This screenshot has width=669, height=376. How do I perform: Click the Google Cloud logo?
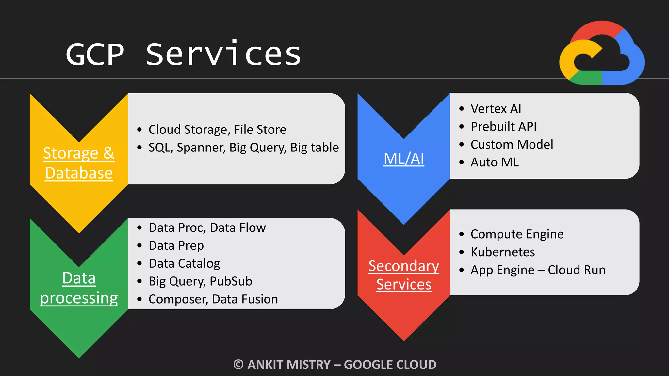[x=602, y=53]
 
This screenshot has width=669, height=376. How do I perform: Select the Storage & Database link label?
[x=79, y=163]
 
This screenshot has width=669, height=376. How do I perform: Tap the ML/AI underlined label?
[x=404, y=159]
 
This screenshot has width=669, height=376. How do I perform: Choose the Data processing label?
[x=79, y=288]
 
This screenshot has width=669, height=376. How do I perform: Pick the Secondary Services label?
[x=404, y=275]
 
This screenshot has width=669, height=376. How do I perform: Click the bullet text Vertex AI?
[x=496, y=109]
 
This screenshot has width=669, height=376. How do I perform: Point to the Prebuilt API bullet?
[x=503, y=127]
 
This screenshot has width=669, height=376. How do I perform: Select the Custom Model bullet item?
[x=512, y=145]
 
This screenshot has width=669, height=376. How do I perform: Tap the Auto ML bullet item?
[x=495, y=163]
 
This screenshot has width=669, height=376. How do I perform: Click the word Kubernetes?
[x=503, y=252]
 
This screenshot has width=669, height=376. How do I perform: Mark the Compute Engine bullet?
[x=517, y=234]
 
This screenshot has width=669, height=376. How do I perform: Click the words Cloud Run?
[x=577, y=270]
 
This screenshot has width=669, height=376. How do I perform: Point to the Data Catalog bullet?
[x=184, y=263]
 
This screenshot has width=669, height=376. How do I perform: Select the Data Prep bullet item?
[x=176, y=245]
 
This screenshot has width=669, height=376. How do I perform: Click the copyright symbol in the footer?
[x=238, y=365]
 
